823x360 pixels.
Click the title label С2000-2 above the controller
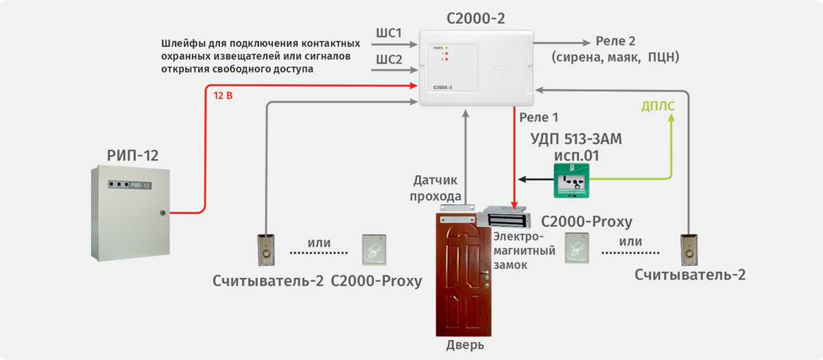tap(475, 19)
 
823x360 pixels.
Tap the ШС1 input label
tap(389, 34)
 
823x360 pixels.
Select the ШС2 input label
tap(389, 60)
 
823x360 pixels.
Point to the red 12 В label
tap(224, 95)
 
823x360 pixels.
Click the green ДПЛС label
tap(658, 106)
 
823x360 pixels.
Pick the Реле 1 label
tap(539, 118)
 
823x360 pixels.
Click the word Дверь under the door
tap(465, 345)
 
